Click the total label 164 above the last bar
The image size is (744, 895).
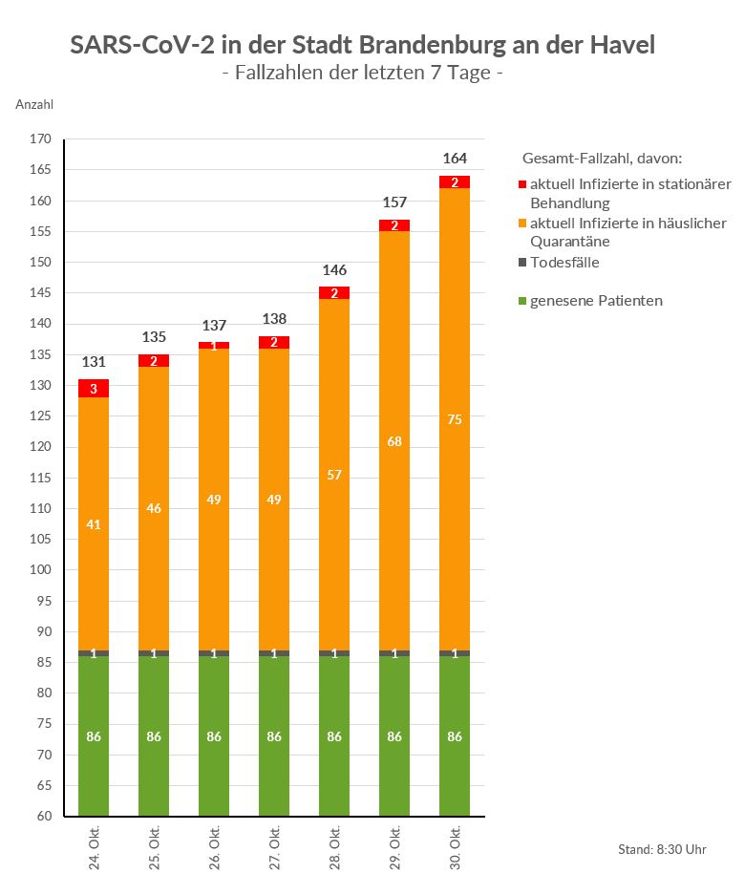coord(455,159)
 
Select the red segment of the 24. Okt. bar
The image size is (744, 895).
coord(94,389)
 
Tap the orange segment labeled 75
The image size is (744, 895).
coord(455,419)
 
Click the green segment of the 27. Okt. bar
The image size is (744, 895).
coord(274,736)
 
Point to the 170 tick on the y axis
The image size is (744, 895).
coord(40,139)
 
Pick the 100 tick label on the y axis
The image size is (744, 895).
coord(40,570)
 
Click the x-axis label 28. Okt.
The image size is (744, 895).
coord(335,846)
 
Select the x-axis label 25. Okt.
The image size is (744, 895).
coord(155,846)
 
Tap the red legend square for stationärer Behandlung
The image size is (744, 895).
coord(522,184)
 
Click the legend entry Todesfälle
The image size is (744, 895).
coord(564,263)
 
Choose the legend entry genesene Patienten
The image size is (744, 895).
coord(596,301)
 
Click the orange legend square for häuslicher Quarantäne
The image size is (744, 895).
coord(522,224)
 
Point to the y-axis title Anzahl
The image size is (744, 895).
coord(35,104)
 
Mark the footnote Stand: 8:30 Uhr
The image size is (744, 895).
coord(662,849)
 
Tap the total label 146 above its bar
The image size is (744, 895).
coord(334,269)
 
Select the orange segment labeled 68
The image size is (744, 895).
coord(394,441)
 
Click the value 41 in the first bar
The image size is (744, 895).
coord(94,523)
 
